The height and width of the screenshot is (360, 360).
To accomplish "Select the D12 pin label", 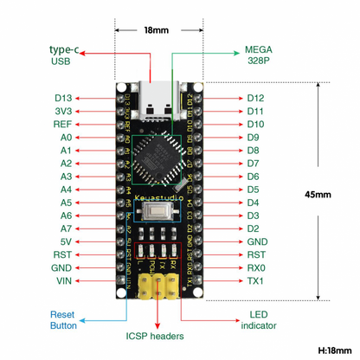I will click(x=255, y=98).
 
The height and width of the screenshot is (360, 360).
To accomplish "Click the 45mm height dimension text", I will click(x=318, y=194).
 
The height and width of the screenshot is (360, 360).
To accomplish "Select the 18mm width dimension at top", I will click(x=157, y=29).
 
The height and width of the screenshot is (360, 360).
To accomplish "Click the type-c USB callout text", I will click(x=60, y=55).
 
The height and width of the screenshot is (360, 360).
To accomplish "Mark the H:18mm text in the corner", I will click(x=333, y=350).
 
